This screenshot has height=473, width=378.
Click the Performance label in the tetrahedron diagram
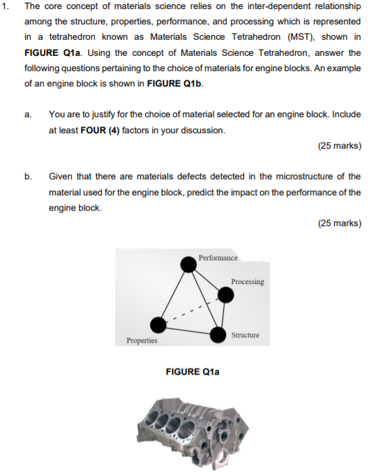pos(218,258)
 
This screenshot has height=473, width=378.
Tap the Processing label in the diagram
pos(248,282)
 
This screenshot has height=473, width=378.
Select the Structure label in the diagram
pos(245,336)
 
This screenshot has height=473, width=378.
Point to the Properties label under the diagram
pos(142,341)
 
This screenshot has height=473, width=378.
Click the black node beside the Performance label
pos(188,264)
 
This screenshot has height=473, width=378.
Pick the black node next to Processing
pos(225,295)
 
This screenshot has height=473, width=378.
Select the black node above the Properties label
pos(159,325)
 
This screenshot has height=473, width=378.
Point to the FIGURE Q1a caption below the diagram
pos(192,372)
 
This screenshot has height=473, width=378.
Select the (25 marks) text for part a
pos(339,146)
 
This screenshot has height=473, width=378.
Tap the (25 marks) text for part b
pos(339,223)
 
